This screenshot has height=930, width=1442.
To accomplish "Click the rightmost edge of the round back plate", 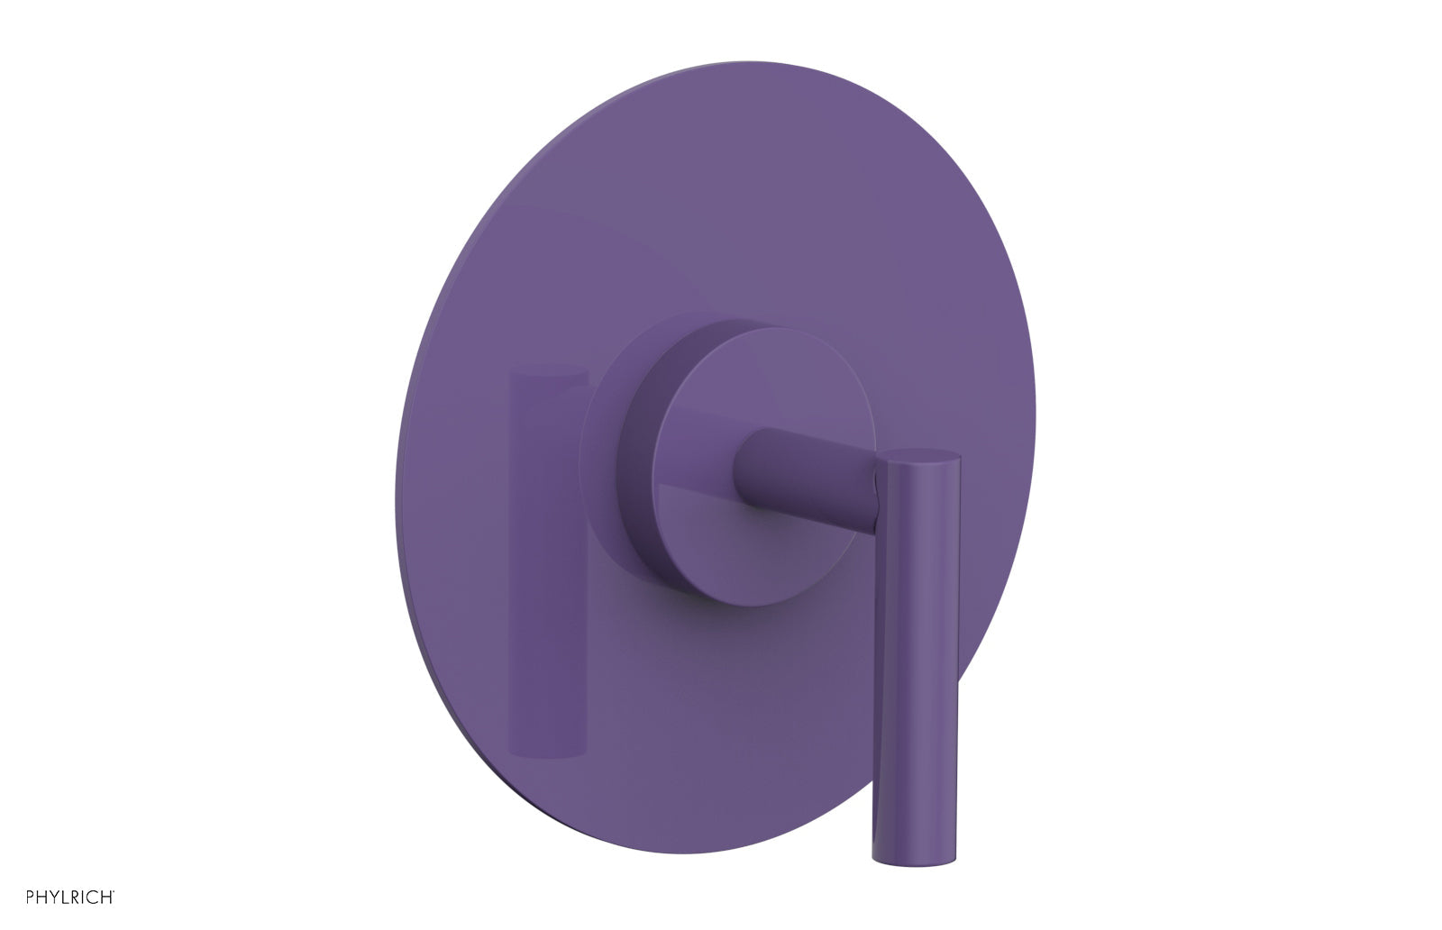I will point(1035,415).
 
